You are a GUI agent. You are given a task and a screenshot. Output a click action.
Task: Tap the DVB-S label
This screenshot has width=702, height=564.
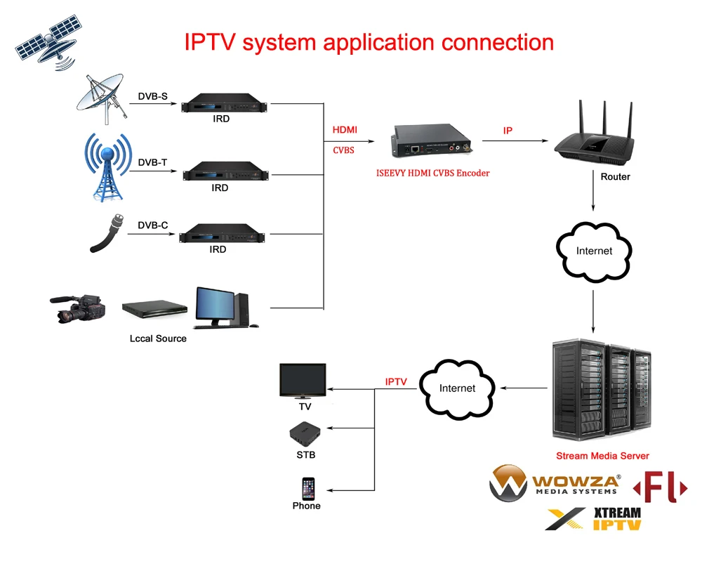[x=152, y=96]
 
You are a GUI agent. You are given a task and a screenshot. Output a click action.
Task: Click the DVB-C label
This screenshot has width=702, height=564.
[x=152, y=225]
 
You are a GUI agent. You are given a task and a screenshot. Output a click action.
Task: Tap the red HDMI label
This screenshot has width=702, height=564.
[x=345, y=130]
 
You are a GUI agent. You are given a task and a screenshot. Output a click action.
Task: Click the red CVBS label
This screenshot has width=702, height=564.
[x=343, y=150]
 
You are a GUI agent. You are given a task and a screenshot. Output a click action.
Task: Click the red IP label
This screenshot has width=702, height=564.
[x=508, y=131]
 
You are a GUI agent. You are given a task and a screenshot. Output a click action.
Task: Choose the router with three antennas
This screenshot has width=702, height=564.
[x=594, y=137]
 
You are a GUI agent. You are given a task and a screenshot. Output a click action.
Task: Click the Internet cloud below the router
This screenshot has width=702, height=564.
[x=594, y=251]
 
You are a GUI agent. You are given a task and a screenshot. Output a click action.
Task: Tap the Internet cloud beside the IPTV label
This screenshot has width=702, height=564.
[x=457, y=388]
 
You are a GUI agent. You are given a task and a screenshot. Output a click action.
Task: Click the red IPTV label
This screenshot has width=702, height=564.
[x=396, y=381]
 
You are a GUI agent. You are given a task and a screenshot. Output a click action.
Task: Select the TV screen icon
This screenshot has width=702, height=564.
[x=303, y=380]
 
